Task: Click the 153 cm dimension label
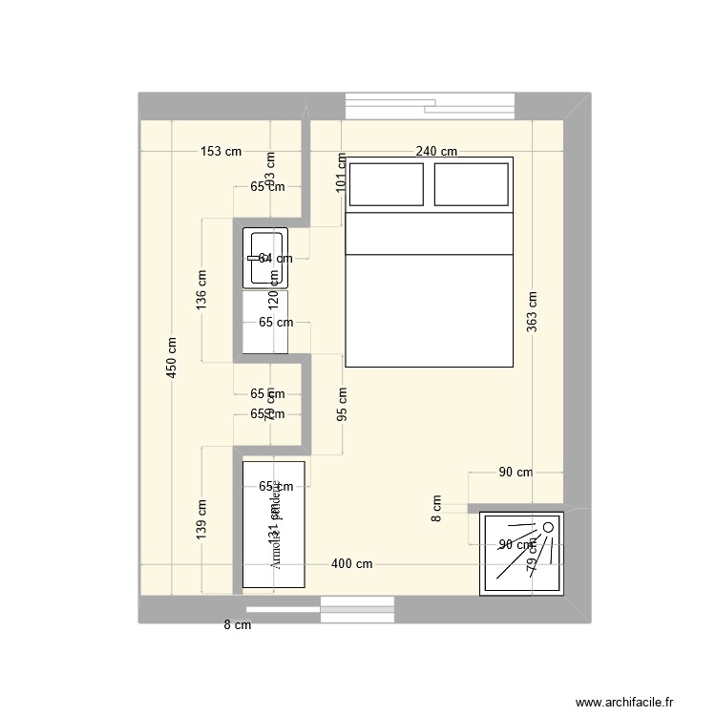click(x=221, y=152)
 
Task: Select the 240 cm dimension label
click(x=436, y=152)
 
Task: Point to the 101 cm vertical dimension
click(x=342, y=174)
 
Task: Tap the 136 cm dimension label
click(x=201, y=290)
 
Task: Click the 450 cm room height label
click(x=171, y=358)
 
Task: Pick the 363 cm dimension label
click(x=532, y=310)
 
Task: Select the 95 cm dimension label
click(x=342, y=403)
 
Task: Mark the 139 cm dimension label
click(x=201, y=519)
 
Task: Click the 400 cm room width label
click(x=352, y=564)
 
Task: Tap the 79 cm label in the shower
click(x=532, y=562)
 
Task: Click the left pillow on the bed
click(x=387, y=184)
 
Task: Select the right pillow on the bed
click(x=472, y=184)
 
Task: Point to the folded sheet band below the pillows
click(x=429, y=234)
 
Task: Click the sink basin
click(x=264, y=258)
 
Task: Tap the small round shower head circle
click(x=549, y=527)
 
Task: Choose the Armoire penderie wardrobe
click(x=274, y=524)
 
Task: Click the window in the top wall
click(x=430, y=105)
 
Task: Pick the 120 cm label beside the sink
click(x=274, y=300)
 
